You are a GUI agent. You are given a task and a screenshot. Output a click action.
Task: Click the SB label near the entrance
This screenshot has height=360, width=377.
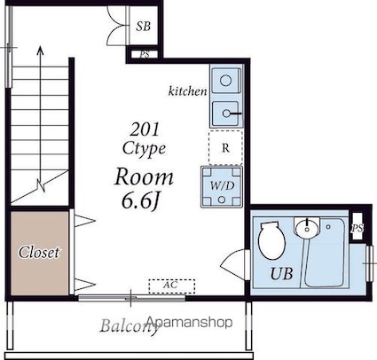tap(144, 27)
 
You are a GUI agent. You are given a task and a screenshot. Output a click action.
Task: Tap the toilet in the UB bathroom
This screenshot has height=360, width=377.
tap(271, 240)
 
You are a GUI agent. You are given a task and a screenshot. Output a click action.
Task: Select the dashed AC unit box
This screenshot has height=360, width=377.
tap(172, 286)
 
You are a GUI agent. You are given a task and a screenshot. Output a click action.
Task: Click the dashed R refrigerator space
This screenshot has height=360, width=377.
tap(225, 147)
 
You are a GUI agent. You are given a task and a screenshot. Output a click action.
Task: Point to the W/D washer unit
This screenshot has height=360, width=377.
tap(222, 187)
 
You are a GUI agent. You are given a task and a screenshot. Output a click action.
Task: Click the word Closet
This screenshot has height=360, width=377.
tap(39, 252)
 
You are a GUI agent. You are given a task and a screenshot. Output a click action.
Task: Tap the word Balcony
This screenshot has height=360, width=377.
tap(129, 326)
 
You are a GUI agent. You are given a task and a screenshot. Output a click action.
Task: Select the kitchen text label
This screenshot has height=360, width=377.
tap(188, 91)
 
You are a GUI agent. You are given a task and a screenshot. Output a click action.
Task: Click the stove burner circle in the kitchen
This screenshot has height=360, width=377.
tap(226, 80)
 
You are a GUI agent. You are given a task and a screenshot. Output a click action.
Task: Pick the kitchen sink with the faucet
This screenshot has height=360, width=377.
tap(226, 113)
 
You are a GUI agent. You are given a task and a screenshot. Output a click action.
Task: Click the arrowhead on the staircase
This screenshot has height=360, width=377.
tap(40, 51)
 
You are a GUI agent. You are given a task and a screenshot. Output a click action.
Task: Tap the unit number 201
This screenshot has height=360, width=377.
tap(145, 129)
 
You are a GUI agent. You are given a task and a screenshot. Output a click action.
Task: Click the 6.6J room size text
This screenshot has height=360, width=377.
tap(140, 201)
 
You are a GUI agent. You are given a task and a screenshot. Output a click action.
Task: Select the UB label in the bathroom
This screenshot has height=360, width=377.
tap(282, 273)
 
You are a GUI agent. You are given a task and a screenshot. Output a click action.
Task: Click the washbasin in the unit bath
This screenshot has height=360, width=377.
tap(307, 227)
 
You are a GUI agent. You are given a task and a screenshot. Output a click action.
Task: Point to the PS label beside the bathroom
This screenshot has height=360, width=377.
tap(357, 228)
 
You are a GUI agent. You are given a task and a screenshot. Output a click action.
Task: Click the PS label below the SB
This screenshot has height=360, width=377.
tap(145, 55)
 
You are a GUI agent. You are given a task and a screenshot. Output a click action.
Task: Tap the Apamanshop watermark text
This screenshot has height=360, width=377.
tap(190, 322)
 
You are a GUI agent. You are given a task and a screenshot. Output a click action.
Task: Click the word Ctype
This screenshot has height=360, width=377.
tap(144, 148)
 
